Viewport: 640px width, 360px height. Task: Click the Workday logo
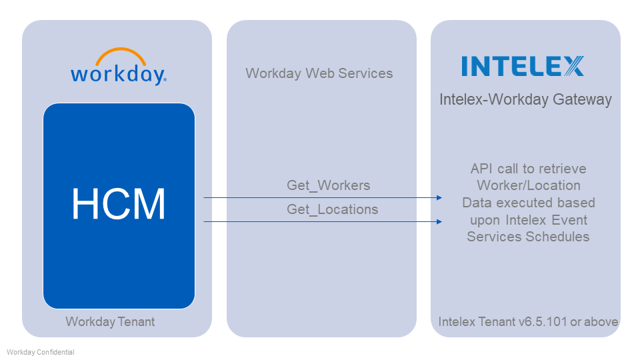click(119, 67)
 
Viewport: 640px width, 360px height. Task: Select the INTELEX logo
click(523, 66)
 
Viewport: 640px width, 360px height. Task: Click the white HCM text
click(119, 204)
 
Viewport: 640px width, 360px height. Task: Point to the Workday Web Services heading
click(319, 73)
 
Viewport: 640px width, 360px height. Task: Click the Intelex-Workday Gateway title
click(525, 100)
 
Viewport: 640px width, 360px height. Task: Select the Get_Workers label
click(328, 185)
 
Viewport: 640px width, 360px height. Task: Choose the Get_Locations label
click(332, 209)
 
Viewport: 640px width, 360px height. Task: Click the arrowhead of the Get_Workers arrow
click(439, 197)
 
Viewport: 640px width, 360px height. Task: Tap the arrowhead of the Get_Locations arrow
click(439, 221)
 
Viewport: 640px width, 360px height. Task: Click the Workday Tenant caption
click(110, 322)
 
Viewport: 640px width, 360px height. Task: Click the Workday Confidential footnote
click(41, 352)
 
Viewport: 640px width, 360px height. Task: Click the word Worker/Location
click(528, 185)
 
